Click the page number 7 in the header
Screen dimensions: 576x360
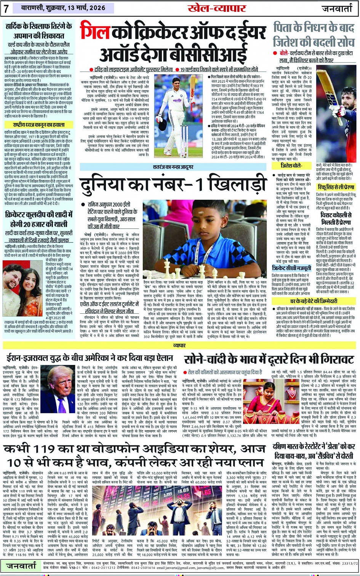click(6, 9)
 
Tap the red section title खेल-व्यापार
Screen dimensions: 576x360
click(217, 9)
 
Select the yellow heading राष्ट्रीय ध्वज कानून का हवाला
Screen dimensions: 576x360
click(38, 124)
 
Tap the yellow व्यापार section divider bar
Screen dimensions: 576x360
click(180, 345)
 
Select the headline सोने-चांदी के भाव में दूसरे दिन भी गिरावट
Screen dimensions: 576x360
click(269, 359)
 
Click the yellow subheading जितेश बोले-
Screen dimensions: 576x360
click(291, 166)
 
